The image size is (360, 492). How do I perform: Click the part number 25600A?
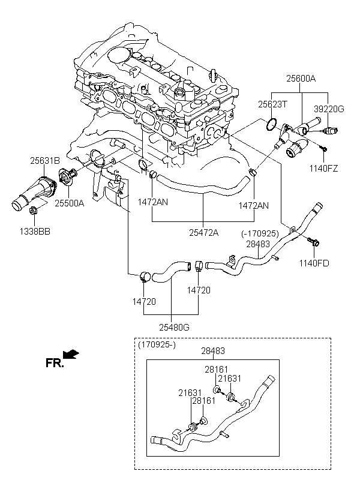click(x=301, y=78)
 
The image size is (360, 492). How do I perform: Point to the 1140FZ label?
click(x=323, y=169)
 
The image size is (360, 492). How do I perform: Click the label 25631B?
click(x=45, y=161)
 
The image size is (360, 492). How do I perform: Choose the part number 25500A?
click(x=70, y=203)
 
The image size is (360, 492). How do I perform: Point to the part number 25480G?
click(x=174, y=327)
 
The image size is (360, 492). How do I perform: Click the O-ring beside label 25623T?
click(x=271, y=125)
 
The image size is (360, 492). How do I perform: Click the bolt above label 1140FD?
click(x=313, y=242)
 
